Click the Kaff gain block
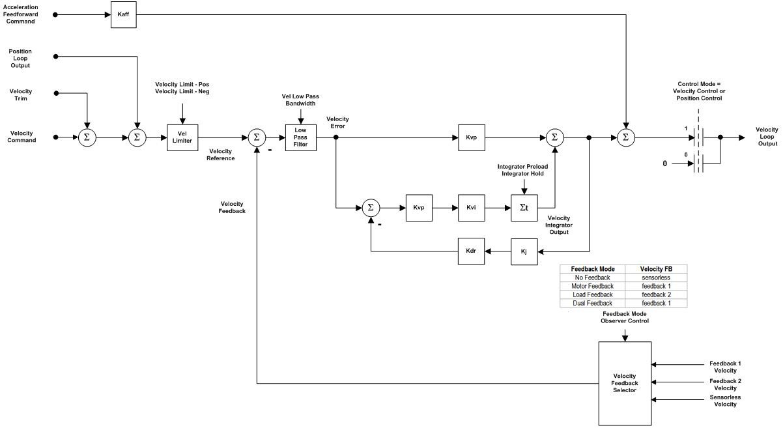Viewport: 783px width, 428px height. tap(123, 14)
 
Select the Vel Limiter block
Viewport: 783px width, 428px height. tap(182, 137)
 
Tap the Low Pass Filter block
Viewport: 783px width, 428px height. tap(300, 137)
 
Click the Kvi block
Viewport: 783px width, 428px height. tap(471, 208)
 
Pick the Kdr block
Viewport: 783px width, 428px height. tap(471, 251)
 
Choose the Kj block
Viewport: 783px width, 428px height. tap(524, 251)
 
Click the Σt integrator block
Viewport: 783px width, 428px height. tap(524, 208)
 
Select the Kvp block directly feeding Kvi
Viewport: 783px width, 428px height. tap(418, 208)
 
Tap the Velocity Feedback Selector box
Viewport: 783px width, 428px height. tap(625, 383)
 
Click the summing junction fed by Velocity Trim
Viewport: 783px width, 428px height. tap(87, 137)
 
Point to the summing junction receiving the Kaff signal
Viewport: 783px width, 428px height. tap(625, 137)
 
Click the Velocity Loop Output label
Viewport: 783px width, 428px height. tap(766, 137)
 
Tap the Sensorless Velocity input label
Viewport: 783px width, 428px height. tap(724, 401)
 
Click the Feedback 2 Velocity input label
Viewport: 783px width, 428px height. tap(724, 384)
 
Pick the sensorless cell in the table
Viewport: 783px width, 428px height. tap(655, 278)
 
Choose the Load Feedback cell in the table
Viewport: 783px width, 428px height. tap(592, 294)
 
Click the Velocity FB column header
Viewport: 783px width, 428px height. tap(655, 269)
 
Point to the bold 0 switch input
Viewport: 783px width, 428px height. tap(664, 164)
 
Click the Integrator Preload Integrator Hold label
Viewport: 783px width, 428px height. tap(522, 170)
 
